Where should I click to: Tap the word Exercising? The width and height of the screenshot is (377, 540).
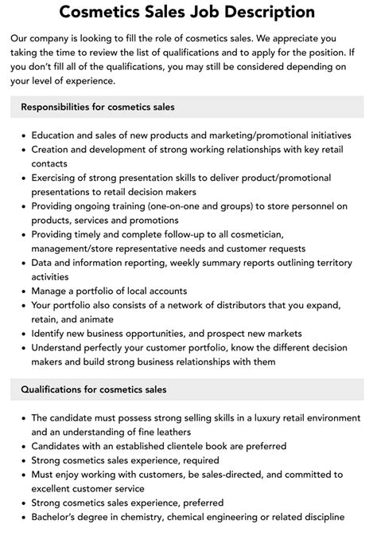point(60,178)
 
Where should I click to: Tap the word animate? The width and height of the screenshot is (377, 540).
point(99,320)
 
